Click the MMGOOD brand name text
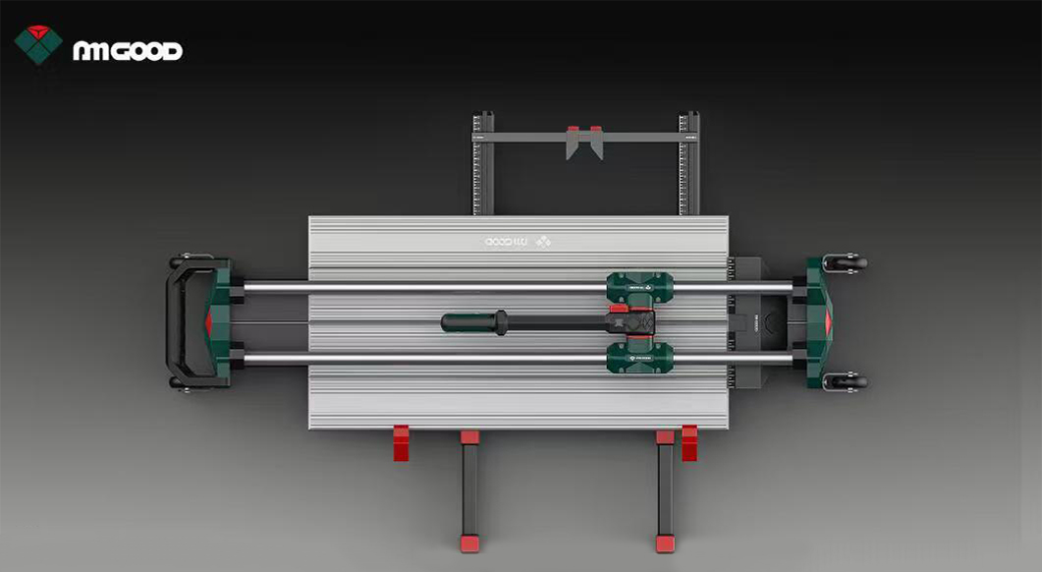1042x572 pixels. [x=128, y=51]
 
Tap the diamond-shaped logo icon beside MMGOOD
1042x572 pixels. [x=38, y=43]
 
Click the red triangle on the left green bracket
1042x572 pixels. [x=209, y=322]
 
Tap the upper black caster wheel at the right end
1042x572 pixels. [x=848, y=263]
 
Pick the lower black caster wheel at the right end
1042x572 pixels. [x=848, y=380]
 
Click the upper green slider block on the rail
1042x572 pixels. [x=639, y=287]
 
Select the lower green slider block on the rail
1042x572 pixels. [x=639, y=357]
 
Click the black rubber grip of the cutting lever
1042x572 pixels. [x=471, y=322]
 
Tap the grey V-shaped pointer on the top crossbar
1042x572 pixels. [x=583, y=144]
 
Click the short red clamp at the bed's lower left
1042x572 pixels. [x=401, y=443]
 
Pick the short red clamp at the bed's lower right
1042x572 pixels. [x=689, y=443]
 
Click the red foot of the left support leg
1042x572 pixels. [x=469, y=543]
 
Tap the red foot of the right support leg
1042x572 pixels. [x=665, y=543]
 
